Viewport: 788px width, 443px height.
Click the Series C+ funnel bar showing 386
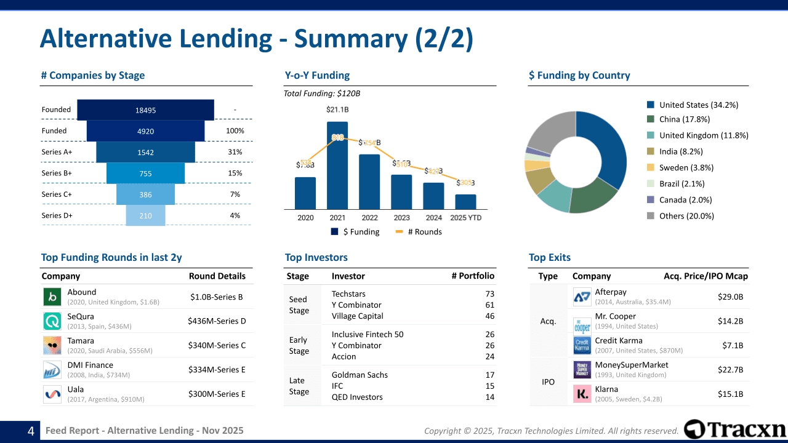tap(145, 194)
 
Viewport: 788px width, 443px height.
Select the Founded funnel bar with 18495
tap(145, 110)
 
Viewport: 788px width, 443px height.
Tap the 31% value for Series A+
tap(235, 152)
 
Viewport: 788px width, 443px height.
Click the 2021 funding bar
tap(337, 165)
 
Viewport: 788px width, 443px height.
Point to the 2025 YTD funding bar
tap(465, 202)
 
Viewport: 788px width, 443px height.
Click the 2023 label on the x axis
tap(401, 218)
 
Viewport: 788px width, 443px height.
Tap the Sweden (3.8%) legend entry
tap(686, 167)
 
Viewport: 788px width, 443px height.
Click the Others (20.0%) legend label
tap(686, 216)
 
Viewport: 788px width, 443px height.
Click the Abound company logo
tap(52, 297)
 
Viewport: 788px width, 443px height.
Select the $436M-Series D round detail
tap(217, 321)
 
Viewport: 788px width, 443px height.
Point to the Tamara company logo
tap(52, 345)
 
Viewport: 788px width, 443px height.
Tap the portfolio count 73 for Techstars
tap(489, 294)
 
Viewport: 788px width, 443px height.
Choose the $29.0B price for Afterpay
tap(730, 297)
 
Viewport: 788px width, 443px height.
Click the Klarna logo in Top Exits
tap(582, 394)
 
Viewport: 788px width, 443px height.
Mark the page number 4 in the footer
tap(30, 431)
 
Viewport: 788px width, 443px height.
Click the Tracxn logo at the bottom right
tap(735, 429)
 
